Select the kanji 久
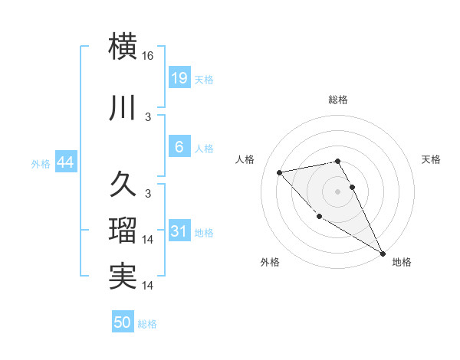123,184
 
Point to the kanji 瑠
123,230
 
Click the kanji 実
123,277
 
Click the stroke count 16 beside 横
148,56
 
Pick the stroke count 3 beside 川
148,116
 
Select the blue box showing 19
179,78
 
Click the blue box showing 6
179,147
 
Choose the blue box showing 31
179,231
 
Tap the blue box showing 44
65,163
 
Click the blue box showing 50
123,323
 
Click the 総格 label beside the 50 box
147,324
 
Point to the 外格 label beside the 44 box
41,164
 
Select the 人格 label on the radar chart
245,159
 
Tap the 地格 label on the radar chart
402,262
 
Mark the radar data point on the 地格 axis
383,254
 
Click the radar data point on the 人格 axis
280,172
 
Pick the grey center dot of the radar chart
337,191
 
